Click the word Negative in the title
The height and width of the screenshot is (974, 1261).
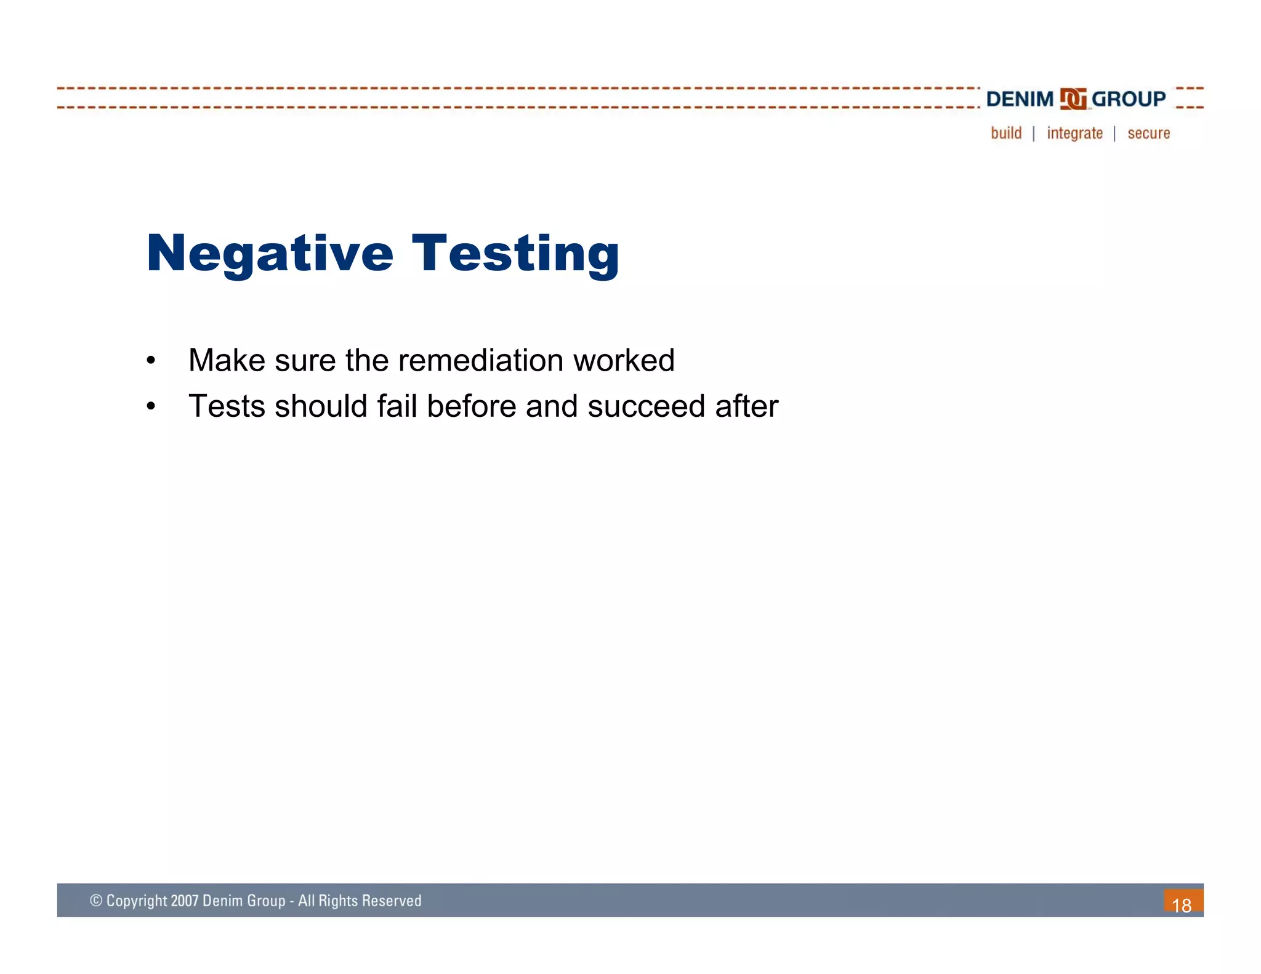click(x=270, y=254)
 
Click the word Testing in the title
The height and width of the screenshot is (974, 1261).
click(x=515, y=254)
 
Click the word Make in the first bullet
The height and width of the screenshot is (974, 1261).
click(x=227, y=360)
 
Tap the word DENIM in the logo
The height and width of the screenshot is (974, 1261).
click(x=1020, y=99)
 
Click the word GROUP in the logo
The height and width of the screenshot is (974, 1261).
click(x=1129, y=99)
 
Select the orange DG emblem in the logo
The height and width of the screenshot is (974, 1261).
click(x=1073, y=99)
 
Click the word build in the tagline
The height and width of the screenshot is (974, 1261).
click(x=1006, y=133)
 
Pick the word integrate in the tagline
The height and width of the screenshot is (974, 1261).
click(x=1074, y=134)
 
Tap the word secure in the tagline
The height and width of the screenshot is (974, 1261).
click(x=1148, y=134)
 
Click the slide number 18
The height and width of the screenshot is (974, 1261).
click(x=1182, y=905)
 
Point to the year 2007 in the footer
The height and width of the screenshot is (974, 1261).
click(x=185, y=901)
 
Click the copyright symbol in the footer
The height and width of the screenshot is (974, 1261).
click(x=96, y=901)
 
